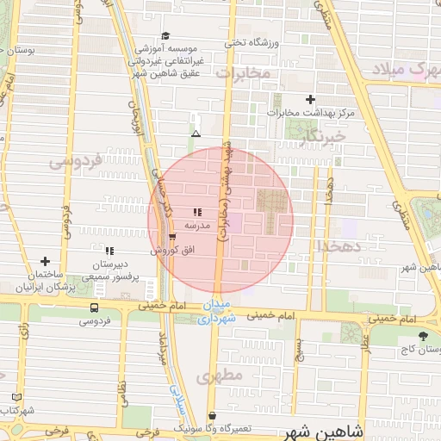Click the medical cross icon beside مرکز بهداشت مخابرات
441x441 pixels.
pyautogui.click(x=311, y=100)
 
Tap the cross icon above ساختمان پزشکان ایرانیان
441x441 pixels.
pyautogui.click(x=45, y=260)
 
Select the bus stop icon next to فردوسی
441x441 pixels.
pyautogui.click(x=94, y=307)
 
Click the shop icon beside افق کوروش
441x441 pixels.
pyautogui.click(x=173, y=237)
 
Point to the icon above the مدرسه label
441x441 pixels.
pyautogui.click(x=197, y=211)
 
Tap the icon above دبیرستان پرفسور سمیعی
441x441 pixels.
pyautogui.click(x=109, y=251)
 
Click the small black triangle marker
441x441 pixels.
pyautogui.click(x=196, y=134)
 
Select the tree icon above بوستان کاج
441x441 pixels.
pyautogui.click(x=422, y=336)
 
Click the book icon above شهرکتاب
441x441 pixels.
pyautogui.click(x=17, y=397)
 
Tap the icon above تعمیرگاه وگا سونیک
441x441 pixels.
pyautogui.click(x=212, y=415)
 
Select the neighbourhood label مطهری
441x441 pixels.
pyautogui.click(x=215, y=376)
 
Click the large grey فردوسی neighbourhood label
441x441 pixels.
pyautogui.click(x=76, y=160)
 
